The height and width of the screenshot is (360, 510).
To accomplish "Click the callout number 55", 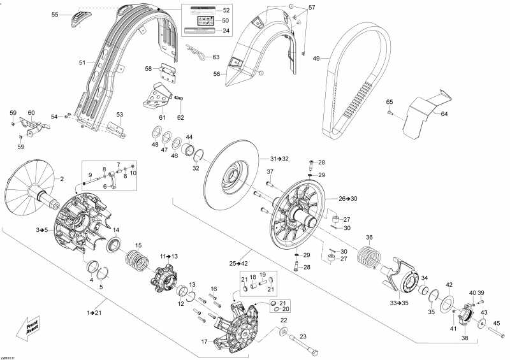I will [x=55, y=14].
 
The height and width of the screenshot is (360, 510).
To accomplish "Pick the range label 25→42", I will [x=238, y=263].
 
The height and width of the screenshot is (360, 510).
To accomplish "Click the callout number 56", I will [x=215, y=74].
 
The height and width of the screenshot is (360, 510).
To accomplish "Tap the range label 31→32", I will [x=279, y=158].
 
